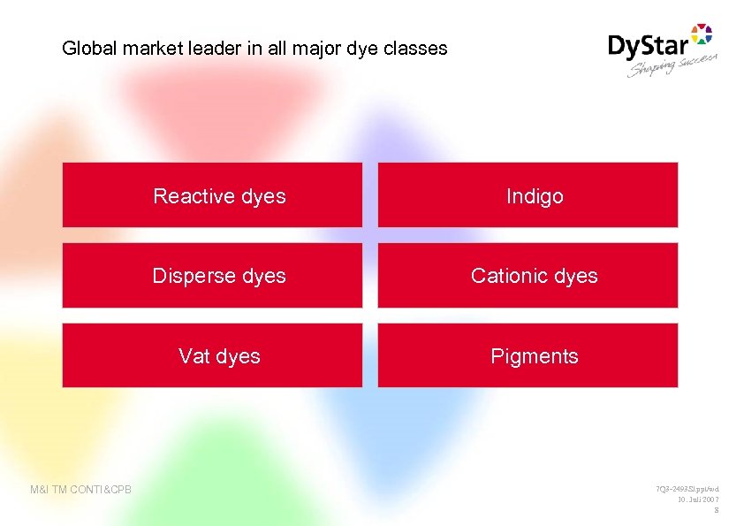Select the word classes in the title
415,49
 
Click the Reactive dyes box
212,195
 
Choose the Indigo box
528,195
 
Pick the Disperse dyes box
212,276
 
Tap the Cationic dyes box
528,276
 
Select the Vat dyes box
212,355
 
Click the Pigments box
528,355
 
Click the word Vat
194,356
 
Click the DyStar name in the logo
649,46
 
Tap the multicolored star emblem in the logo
701,34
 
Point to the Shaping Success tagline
672,65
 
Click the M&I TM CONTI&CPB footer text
80,489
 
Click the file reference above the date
687,489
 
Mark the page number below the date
716,510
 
